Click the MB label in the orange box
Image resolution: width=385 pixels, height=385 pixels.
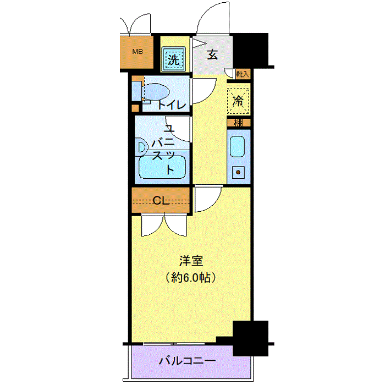(x=137, y=52)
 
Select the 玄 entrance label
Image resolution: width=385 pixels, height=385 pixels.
(x=212, y=54)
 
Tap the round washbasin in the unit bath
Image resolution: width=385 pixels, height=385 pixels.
(x=141, y=146)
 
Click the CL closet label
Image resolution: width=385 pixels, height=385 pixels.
(x=160, y=200)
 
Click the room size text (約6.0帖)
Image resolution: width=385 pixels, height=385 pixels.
(x=190, y=278)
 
